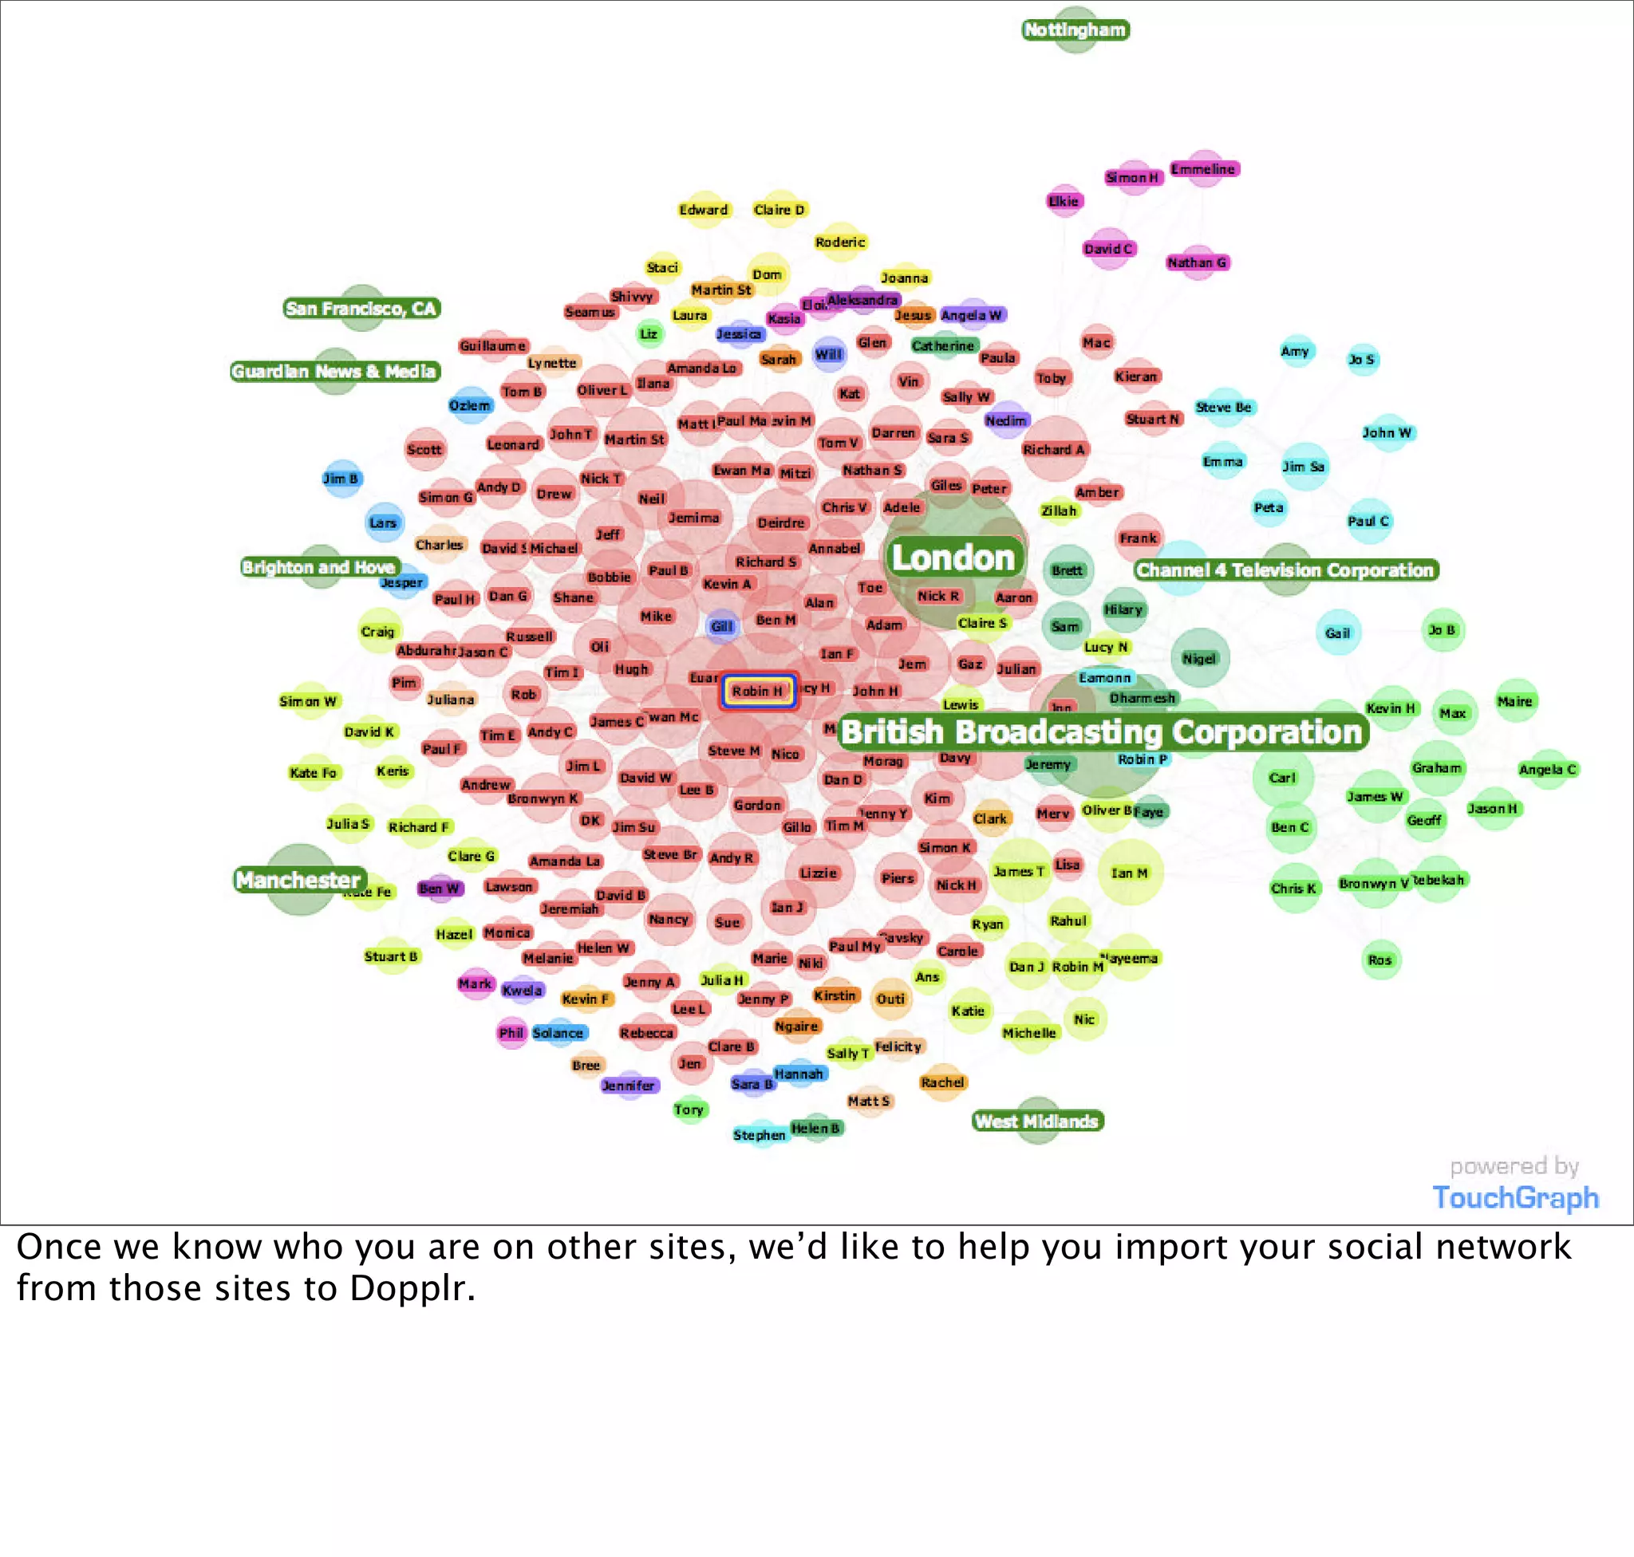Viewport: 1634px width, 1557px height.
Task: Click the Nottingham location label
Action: tap(1076, 30)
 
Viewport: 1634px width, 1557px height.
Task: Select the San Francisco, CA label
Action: tap(361, 309)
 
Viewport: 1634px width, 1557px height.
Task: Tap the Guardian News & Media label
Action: tap(334, 371)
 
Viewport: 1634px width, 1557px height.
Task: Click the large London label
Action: tap(953, 558)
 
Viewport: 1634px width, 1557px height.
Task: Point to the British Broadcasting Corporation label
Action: tap(1102, 733)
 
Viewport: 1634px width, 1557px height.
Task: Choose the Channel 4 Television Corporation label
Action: tap(1285, 570)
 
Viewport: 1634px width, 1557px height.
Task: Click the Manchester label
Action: tap(298, 880)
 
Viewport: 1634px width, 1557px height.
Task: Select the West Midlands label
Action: tap(1037, 1121)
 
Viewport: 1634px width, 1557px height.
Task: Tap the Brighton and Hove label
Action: tap(319, 568)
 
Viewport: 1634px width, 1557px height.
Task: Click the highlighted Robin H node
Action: tap(757, 692)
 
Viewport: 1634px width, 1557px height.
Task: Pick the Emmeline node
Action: tap(1203, 169)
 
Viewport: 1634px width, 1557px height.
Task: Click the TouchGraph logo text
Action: tap(1515, 1197)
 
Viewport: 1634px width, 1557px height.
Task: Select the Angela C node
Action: tap(1547, 770)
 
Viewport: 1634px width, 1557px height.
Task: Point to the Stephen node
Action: tap(759, 1134)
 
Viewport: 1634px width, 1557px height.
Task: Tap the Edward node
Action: tap(703, 210)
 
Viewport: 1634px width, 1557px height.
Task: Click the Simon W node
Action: tap(308, 701)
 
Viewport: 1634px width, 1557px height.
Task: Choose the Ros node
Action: tap(1380, 960)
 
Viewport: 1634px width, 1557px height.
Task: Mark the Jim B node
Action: tap(341, 479)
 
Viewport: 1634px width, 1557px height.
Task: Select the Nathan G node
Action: tap(1197, 263)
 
